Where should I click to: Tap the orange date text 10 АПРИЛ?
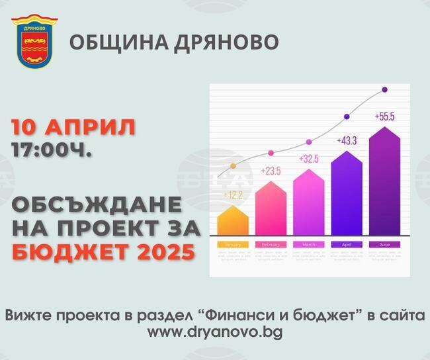pyautogui.click(x=73, y=127)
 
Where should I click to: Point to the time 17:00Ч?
pyautogui.click(x=52, y=150)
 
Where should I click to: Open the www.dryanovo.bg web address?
pyautogui.click(x=214, y=332)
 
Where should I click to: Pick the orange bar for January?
pyautogui.click(x=233, y=222)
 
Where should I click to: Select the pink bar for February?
pyautogui.click(x=271, y=210)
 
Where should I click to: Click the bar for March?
pyautogui.click(x=308, y=203)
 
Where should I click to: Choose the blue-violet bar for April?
pyautogui.click(x=347, y=194)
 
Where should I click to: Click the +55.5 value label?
pyautogui.click(x=384, y=116)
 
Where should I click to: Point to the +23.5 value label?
pyautogui.click(x=271, y=171)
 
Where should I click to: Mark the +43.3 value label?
pyautogui.click(x=347, y=140)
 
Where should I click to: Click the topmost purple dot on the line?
pyautogui.click(x=384, y=89)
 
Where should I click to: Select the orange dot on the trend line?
pyautogui.click(x=232, y=166)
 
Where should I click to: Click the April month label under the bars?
pyautogui.click(x=347, y=245)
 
